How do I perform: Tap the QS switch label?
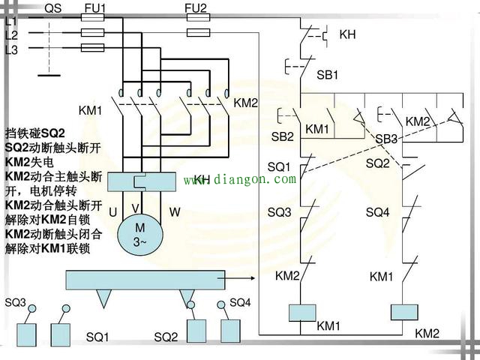click(x=53, y=8)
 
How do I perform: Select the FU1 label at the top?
click(x=93, y=8)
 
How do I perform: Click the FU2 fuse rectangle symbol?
click(x=197, y=33)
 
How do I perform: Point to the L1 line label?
click(x=10, y=22)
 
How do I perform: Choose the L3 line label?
click(x=10, y=49)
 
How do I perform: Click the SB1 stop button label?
click(x=328, y=76)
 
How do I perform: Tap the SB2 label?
click(x=282, y=136)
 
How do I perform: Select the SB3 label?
click(x=386, y=139)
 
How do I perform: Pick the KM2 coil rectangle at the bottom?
click(x=404, y=311)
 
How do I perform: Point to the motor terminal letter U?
click(x=112, y=212)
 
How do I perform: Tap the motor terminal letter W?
click(x=174, y=212)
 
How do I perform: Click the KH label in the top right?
click(x=348, y=34)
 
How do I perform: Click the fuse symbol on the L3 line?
click(x=92, y=47)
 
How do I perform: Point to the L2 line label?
click(x=10, y=35)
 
